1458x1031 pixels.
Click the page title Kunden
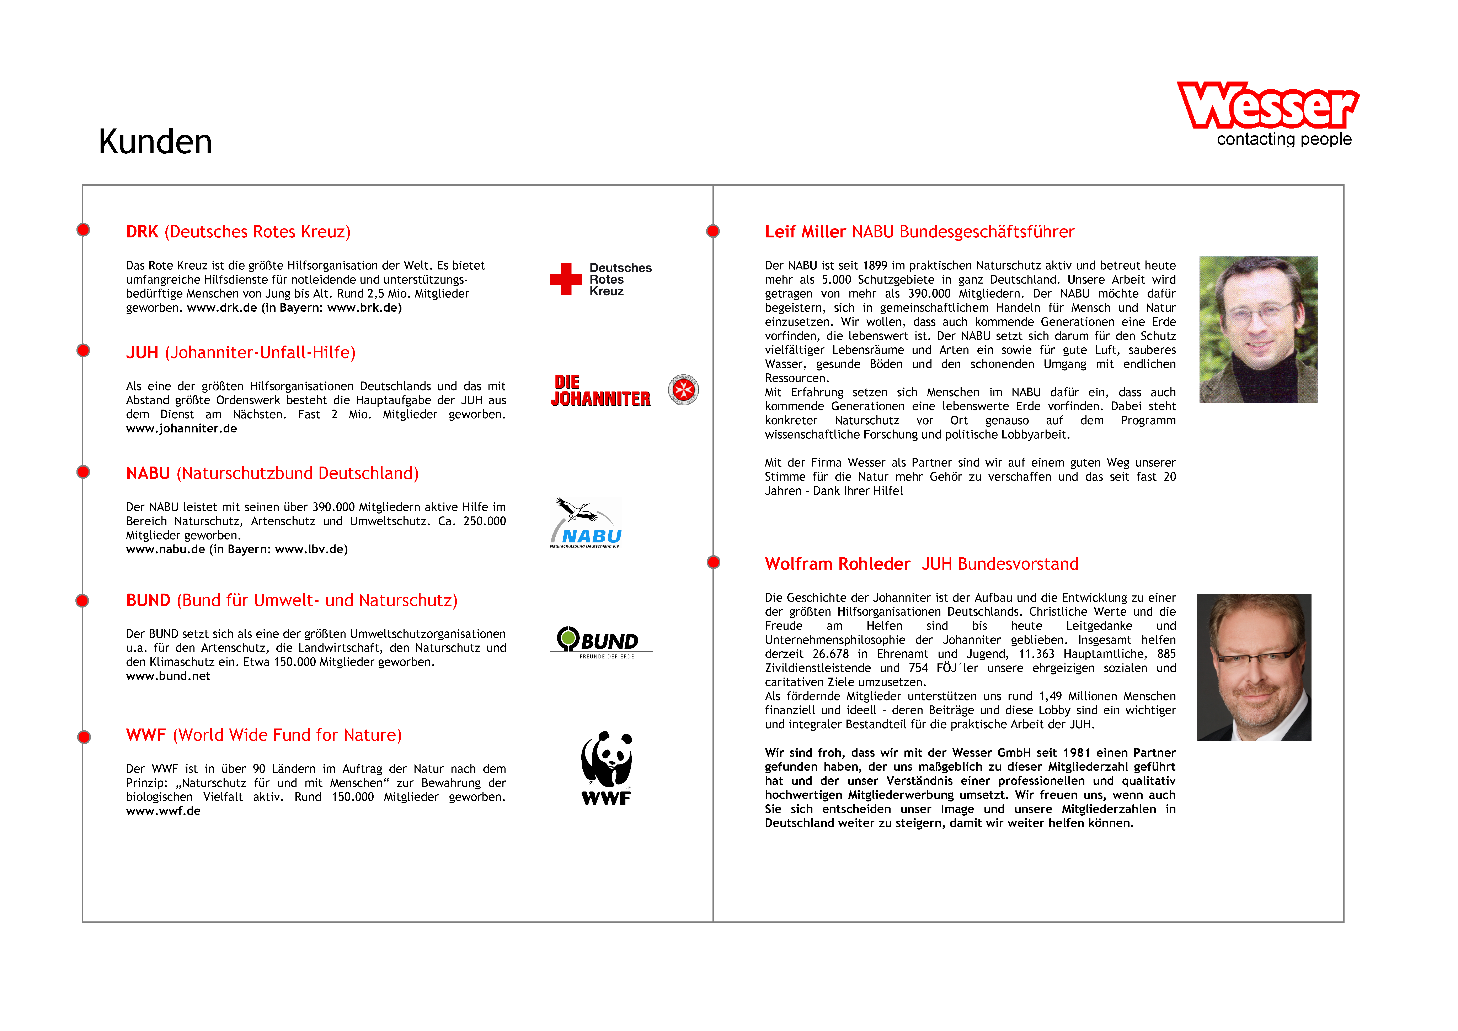coord(156,142)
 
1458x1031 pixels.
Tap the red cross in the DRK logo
coord(566,279)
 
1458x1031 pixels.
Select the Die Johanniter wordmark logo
coord(600,391)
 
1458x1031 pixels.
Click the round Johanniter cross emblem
coord(683,389)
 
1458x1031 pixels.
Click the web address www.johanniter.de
coord(182,429)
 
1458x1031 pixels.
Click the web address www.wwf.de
coord(163,811)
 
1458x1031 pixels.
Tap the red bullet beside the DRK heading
coord(83,230)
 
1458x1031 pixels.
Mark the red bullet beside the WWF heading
coord(84,737)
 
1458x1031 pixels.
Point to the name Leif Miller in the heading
coord(805,232)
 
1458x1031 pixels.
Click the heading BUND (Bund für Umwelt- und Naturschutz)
coord(292,600)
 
